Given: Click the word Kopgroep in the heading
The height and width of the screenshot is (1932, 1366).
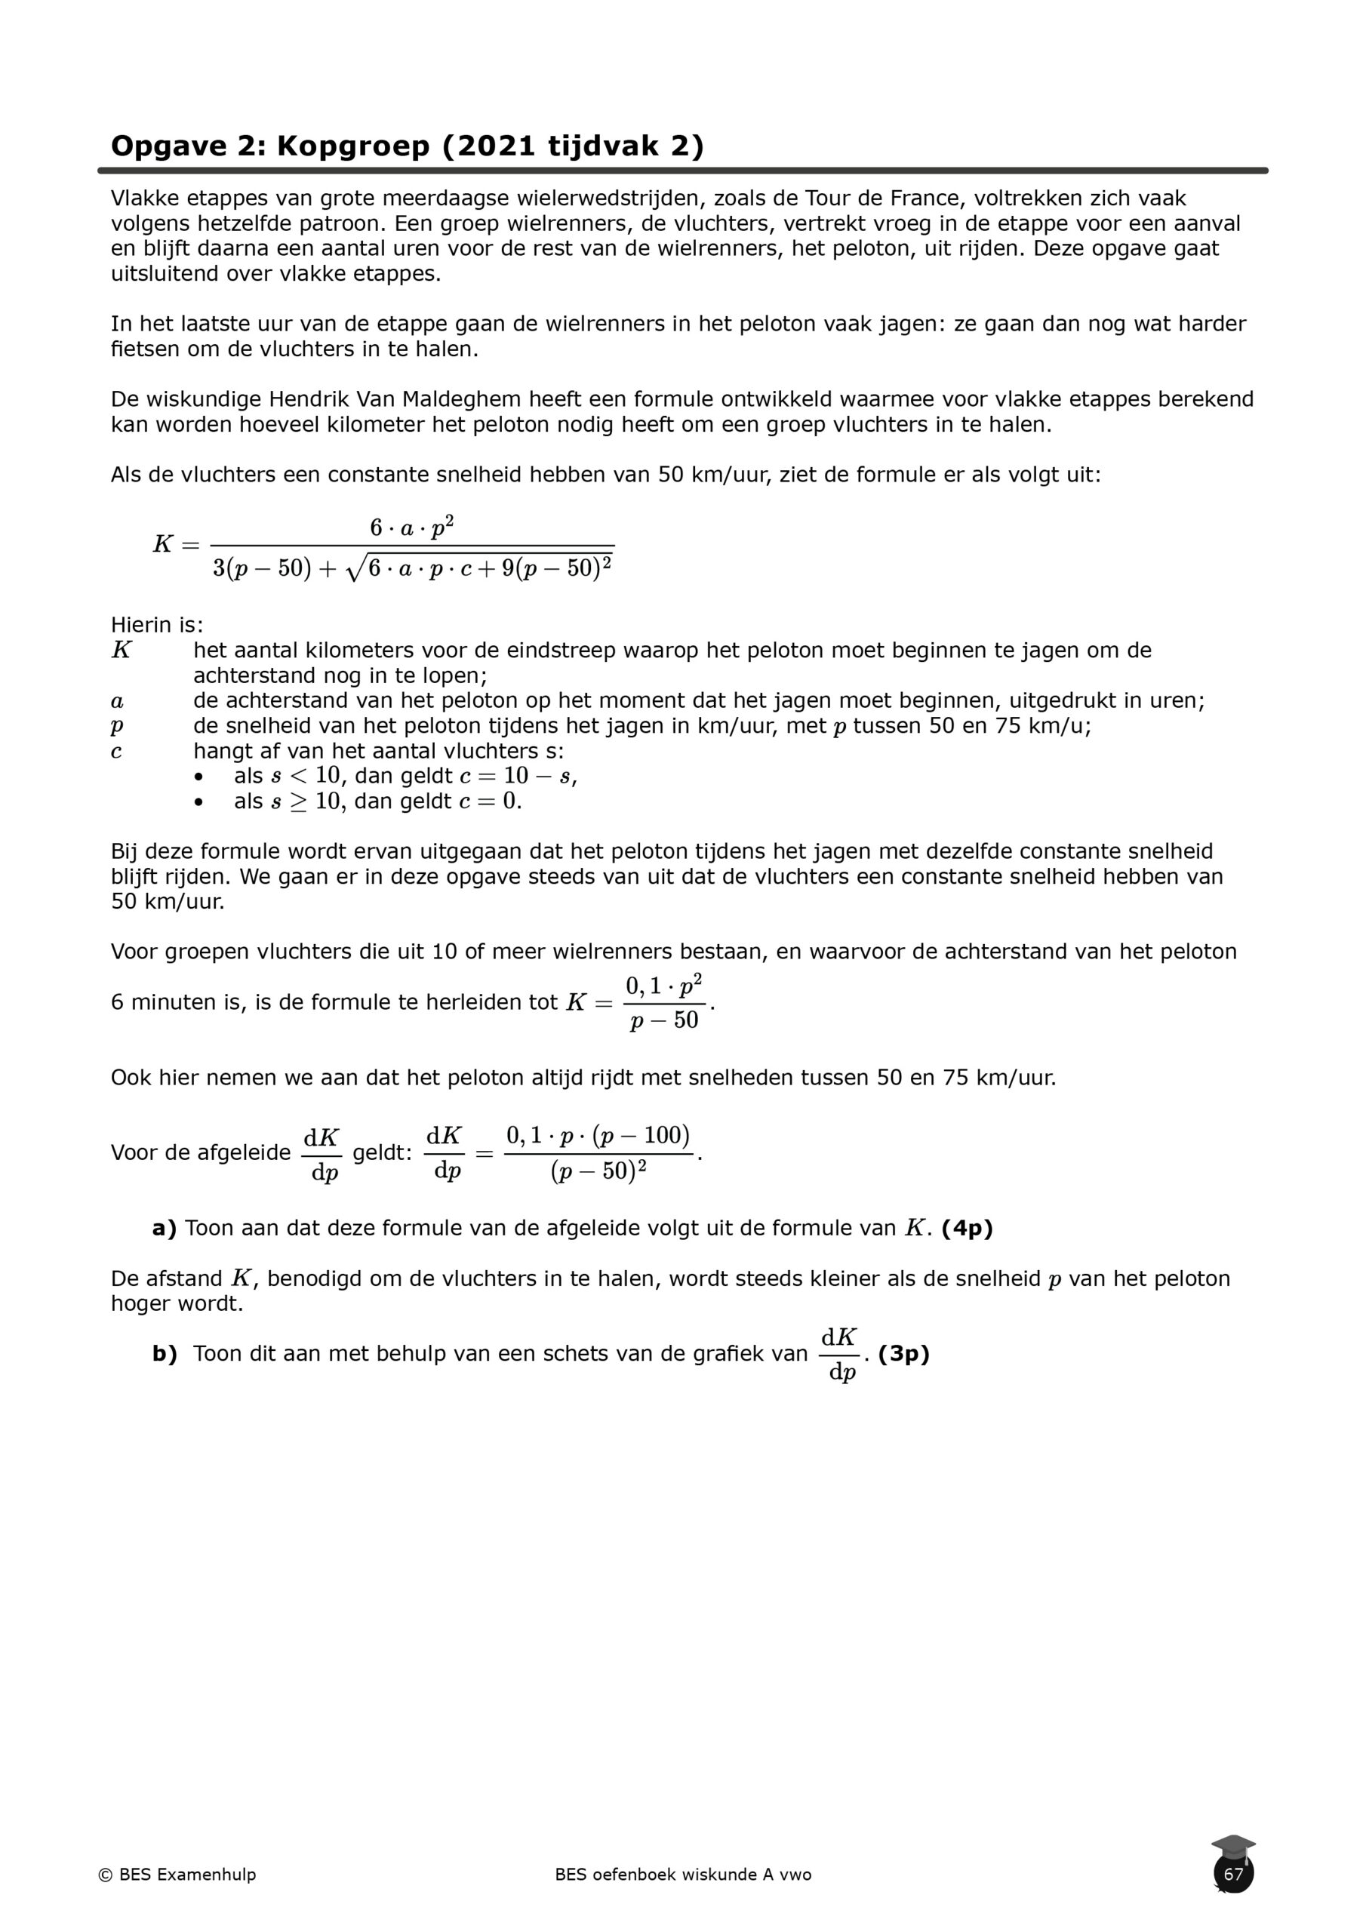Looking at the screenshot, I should tap(353, 146).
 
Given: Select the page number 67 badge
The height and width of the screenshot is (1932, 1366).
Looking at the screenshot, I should tap(1233, 1874).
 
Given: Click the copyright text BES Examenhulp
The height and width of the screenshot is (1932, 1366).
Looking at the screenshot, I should tap(177, 1874).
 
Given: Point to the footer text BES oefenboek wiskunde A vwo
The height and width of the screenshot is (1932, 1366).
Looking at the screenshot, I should tap(682, 1874).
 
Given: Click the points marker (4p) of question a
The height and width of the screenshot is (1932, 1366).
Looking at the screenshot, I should tap(967, 1228).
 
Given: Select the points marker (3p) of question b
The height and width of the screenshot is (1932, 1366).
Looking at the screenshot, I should tap(903, 1353).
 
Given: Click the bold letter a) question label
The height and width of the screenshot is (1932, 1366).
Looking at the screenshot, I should tap(164, 1228).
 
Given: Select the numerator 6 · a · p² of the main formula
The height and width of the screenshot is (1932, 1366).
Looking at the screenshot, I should tap(411, 528).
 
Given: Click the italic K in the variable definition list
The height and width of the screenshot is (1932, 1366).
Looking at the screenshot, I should tap(122, 651).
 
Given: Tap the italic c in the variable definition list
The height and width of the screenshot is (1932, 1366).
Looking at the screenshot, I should tap(116, 752).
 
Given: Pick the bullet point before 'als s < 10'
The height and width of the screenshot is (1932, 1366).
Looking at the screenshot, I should tap(198, 777).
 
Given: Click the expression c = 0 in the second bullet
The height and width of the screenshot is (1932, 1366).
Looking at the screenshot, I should tap(489, 801).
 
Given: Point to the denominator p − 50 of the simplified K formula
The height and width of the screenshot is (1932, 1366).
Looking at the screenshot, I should tap(664, 1020).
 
